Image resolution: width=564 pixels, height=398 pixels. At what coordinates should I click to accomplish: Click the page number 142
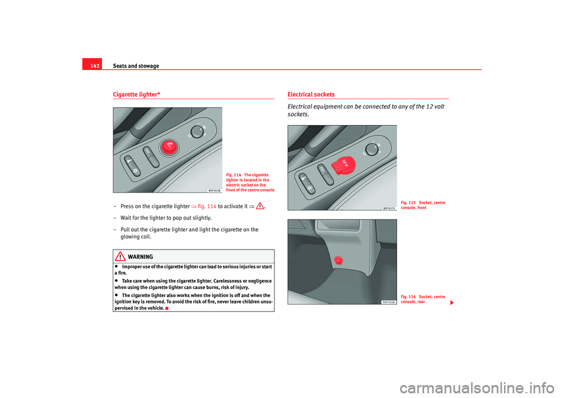[91, 66]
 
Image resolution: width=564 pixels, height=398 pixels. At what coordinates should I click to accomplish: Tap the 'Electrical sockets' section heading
[311, 95]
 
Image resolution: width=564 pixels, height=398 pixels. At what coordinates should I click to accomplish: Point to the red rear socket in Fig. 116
[338, 260]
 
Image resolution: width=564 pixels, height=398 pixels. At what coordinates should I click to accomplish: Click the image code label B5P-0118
[214, 190]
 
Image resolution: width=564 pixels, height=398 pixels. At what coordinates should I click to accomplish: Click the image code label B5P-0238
[388, 302]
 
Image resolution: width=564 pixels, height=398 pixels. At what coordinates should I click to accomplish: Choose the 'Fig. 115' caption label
[408, 203]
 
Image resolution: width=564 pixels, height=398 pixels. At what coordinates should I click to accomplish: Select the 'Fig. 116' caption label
[408, 297]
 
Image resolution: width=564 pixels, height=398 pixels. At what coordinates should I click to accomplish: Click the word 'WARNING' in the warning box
[140, 257]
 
